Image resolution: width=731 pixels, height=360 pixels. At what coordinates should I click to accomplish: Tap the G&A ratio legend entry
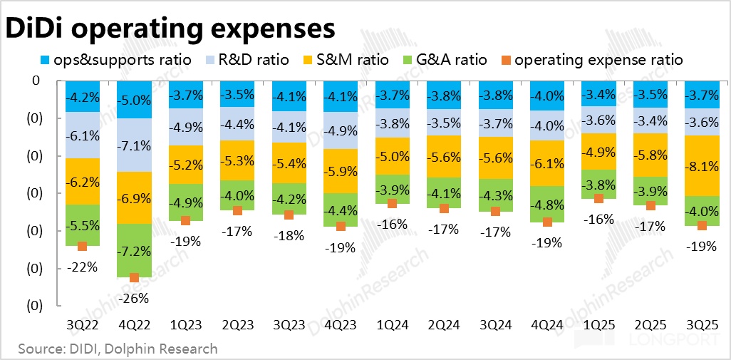(452, 60)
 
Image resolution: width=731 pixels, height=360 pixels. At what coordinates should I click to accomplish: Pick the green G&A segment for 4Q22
(135, 250)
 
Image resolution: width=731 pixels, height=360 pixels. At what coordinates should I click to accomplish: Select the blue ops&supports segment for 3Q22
(82, 96)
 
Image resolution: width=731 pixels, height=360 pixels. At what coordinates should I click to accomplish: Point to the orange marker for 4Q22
(135, 277)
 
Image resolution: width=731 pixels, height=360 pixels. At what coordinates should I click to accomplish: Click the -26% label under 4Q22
(135, 297)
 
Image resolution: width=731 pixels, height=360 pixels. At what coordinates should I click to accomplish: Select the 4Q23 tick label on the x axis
(341, 324)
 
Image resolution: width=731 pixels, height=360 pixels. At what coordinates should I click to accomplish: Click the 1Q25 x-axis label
(598, 324)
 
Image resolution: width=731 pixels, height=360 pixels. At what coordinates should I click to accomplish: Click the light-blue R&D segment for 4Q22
(135, 145)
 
